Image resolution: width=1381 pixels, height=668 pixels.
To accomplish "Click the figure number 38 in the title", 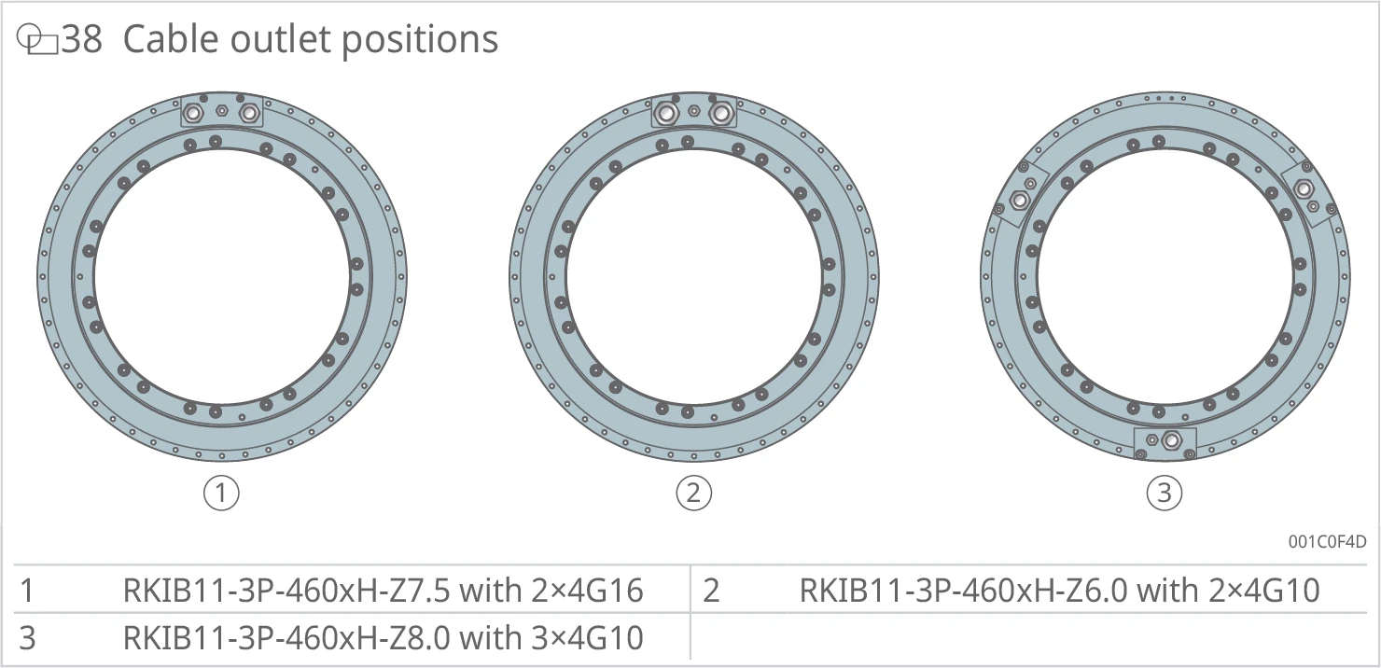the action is (x=81, y=39).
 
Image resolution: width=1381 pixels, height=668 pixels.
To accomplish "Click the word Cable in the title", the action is (x=171, y=39).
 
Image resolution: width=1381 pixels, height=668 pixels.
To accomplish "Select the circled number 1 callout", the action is (x=221, y=493).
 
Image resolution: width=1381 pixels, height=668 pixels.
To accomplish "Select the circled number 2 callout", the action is (x=693, y=493).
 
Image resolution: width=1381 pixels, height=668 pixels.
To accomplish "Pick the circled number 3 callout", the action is (x=1164, y=493).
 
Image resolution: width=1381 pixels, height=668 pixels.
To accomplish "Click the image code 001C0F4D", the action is (x=1328, y=542).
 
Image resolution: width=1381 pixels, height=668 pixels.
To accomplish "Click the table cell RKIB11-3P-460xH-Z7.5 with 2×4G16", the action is (x=383, y=591).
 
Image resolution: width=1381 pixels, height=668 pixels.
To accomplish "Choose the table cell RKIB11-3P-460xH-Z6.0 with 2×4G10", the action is (x=1059, y=591).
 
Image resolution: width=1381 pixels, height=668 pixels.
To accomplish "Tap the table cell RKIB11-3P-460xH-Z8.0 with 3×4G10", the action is (x=383, y=638).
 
